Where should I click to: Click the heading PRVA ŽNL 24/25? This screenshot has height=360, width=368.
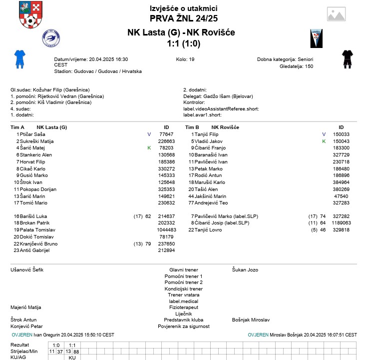pos(183,18)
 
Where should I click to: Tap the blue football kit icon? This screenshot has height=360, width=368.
pos(19,58)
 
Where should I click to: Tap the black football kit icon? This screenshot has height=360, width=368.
pos(348,58)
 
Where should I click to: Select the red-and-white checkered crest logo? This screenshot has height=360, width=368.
pos(30,15)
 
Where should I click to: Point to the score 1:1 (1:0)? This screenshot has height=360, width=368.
pos(183,44)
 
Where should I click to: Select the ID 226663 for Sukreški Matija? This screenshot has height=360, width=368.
pos(166,141)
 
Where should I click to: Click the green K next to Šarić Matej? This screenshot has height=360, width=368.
pos(149,148)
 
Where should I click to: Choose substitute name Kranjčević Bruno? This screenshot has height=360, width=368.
pos(39,243)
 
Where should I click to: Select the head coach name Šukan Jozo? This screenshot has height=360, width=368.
pos(245,270)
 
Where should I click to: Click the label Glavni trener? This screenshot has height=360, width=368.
pos(183,270)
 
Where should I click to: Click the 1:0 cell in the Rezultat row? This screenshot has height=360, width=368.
pos(56,345)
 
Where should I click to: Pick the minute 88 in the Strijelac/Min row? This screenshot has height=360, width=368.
pos(76,351)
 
